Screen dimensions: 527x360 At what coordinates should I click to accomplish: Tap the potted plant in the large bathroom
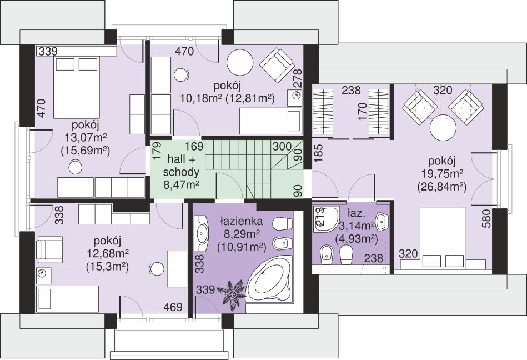point(232,293)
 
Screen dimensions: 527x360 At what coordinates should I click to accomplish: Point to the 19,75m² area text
point(441,174)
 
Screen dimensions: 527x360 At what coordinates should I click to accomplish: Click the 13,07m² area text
point(85,138)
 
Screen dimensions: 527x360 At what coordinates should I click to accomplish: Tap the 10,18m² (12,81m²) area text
point(228,98)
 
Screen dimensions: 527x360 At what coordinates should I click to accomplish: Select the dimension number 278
point(298,78)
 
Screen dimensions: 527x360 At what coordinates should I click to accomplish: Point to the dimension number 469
point(173,307)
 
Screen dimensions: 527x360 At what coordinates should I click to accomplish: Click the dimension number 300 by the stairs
point(282,147)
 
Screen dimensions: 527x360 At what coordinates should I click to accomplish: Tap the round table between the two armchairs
point(443,129)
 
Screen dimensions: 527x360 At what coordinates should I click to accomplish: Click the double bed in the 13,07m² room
point(77,87)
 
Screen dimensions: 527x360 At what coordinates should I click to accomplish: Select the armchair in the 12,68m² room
point(49,249)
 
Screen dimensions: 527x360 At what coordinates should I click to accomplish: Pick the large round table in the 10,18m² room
point(240,63)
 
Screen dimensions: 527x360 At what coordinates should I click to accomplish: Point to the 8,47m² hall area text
point(181,185)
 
